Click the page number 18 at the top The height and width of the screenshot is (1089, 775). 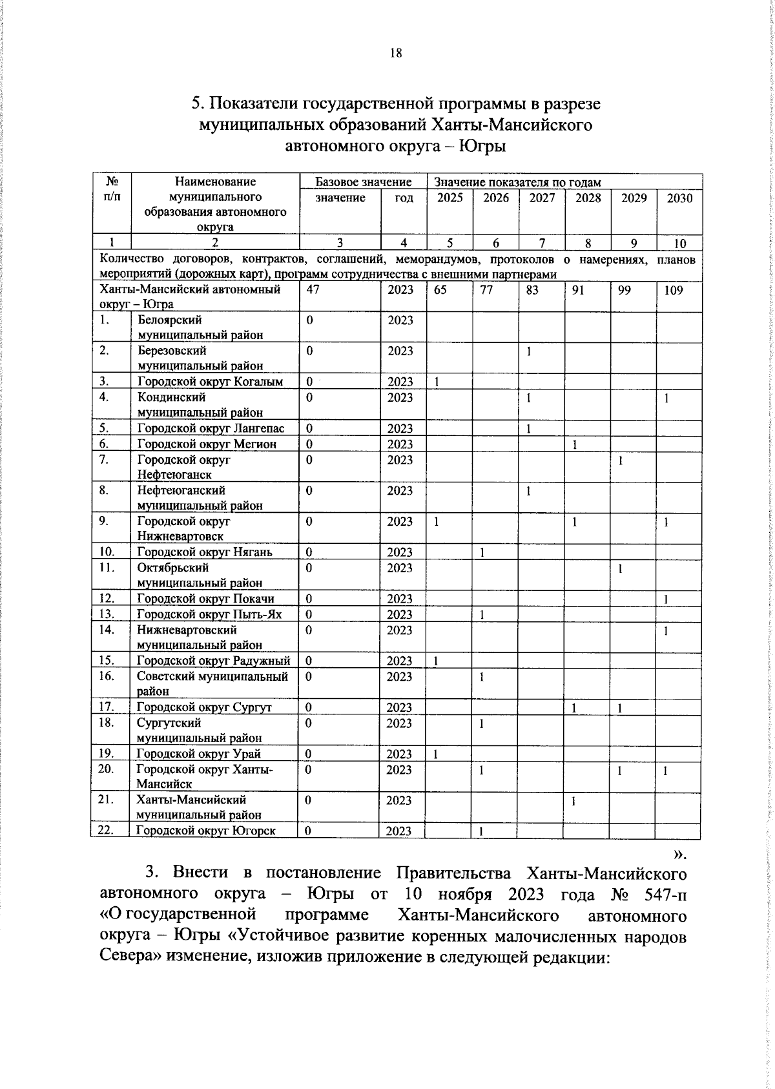pyautogui.click(x=396, y=54)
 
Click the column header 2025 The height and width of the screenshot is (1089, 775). pyautogui.click(x=449, y=198)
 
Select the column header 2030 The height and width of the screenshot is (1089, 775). pyautogui.click(x=679, y=198)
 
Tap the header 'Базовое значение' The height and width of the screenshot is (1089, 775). pyautogui.click(x=363, y=182)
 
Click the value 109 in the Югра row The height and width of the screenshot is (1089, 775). pyautogui.click(x=673, y=290)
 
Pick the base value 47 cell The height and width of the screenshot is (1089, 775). pyautogui.click(x=313, y=290)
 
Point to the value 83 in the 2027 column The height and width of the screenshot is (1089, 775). pyautogui.click(x=532, y=290)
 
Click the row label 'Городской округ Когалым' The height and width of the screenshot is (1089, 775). pyautogui.click(x=210, y=382)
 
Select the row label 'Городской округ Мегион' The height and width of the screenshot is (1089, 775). pyautogui.click(x=207, y=444)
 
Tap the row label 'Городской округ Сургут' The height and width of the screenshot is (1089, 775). pyautogui.click(x=204, y=707)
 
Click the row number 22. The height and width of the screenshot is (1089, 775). pyautogui.click(x=106, y=830)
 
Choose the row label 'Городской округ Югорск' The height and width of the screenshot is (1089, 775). pyautogui.click(x=206, y=831)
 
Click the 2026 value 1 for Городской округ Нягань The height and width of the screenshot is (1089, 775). pyautogui.click(x=482, y=552)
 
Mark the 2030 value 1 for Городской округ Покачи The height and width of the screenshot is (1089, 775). pyautogui.click(x=666, y=599)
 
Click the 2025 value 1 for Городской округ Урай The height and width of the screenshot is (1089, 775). pyautogui.click(x=436, y=754)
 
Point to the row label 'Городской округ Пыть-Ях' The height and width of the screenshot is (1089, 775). pyautogui.click(x=209, y=614)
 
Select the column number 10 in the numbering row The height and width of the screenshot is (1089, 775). pyautogui.click(x=679, y=243)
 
